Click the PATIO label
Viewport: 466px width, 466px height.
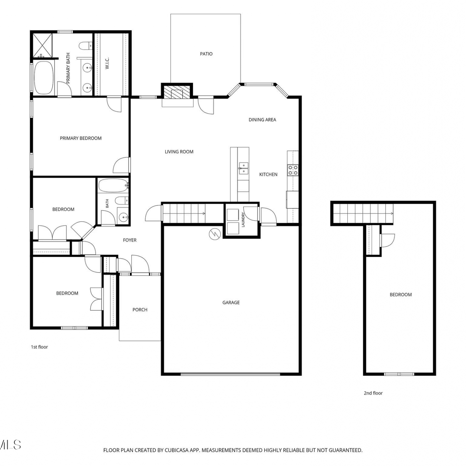click(x=206, y=54)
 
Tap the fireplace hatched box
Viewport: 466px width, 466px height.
click(x=177, y=92)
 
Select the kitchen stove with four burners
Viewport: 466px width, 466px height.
click(x=293, y=170)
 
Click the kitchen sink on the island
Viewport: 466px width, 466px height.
click(x=243, y=168)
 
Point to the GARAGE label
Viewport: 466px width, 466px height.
click(x=231, y=303)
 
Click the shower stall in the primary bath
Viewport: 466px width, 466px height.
click(x=43, y=45)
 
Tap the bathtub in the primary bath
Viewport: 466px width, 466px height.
click(x=44, y=78)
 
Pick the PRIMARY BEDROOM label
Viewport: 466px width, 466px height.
click(x=81, y=138)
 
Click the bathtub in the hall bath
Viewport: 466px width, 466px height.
click(x=113, y=186)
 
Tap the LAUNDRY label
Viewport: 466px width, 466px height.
click(x=243, y=220)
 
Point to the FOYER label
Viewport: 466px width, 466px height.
click(x=130, y=240)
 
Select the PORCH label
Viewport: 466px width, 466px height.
click(x=140, y=310)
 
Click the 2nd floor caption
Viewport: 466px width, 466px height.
click(x=373, y=393)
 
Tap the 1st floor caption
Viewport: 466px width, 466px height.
click(x=39, y=347)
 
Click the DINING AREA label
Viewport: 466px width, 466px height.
click(x=263, y=120)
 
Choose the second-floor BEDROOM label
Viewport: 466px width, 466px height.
click(x=401, y=295)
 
